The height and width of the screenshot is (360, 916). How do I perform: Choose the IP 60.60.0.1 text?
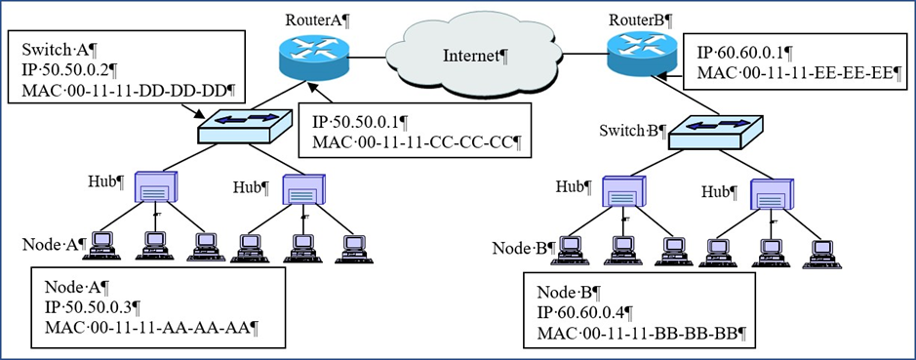(x=747, y=52)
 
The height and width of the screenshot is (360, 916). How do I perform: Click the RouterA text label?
(x=313, y=20)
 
